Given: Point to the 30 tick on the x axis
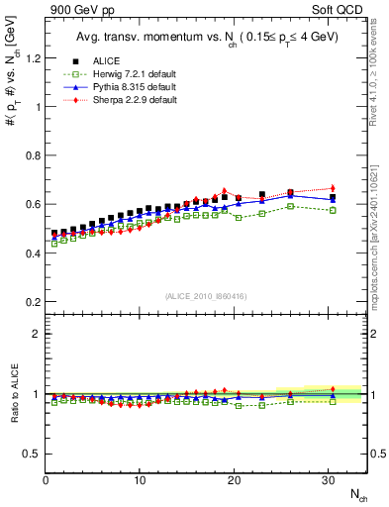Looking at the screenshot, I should (x=328, y=480).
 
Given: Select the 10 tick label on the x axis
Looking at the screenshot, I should (x=140, y=480).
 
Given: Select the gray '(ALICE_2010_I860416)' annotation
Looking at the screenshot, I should (x=206, y=297).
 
